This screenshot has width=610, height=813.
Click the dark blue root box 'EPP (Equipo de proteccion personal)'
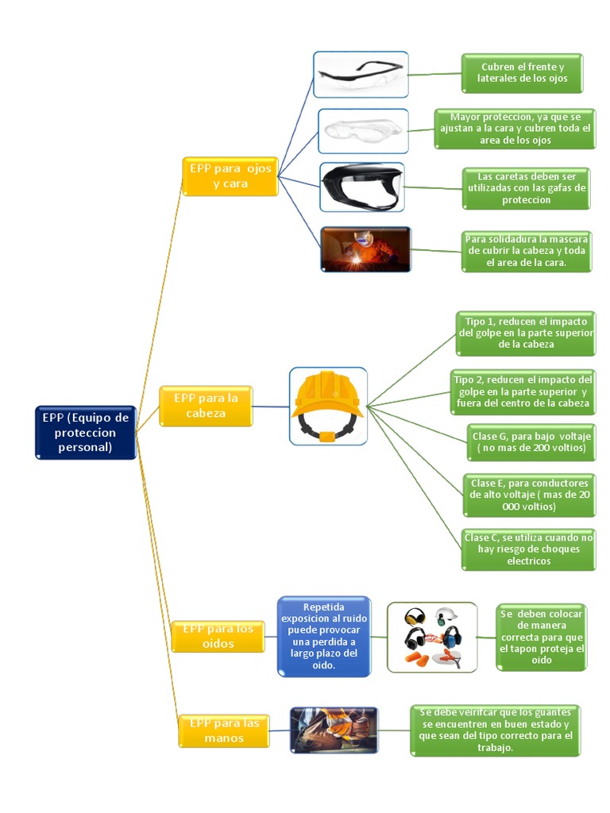[86, 432]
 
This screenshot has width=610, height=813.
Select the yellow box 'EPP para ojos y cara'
[230, 176]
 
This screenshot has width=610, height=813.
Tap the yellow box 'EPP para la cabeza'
[206, 406]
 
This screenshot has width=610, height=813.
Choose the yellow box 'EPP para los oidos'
[218, 636]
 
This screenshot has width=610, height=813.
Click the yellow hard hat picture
[327, 406]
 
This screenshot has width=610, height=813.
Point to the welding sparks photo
[365, 250]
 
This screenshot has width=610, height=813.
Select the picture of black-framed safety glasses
[360, 75]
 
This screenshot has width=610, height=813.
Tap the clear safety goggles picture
[363, 131]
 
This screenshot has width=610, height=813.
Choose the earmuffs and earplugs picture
[432, 637]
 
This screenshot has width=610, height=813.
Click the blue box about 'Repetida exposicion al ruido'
[324, 636]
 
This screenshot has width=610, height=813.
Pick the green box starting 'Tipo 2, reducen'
[523, 391]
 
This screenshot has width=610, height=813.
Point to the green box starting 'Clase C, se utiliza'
[528, 549]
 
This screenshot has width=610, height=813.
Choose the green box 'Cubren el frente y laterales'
[522, 73]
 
